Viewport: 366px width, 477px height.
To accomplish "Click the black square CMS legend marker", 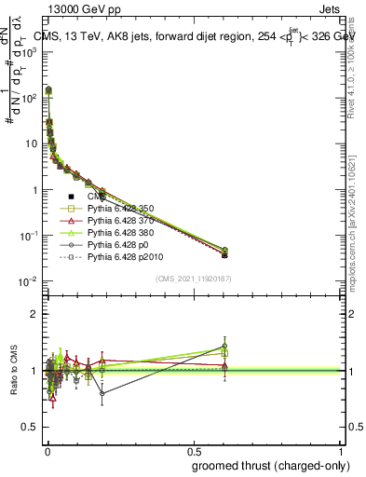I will point(71,196).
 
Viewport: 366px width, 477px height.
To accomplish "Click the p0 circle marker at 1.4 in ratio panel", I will point(224,347).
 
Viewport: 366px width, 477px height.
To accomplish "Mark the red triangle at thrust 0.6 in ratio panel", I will point(224,366).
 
